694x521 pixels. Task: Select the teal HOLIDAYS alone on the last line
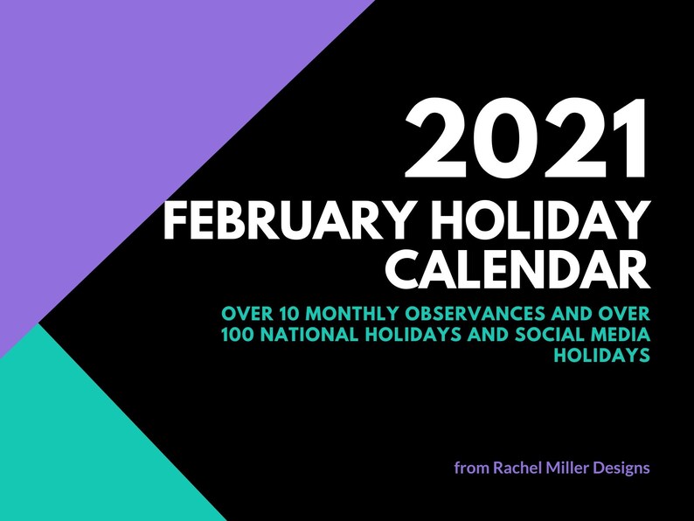pyautogui.click(x=603, y=357)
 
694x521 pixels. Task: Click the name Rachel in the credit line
pyautogui.click(x=518, y=468)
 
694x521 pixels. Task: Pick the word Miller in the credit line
pyautogui.click(x=574, y=468)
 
